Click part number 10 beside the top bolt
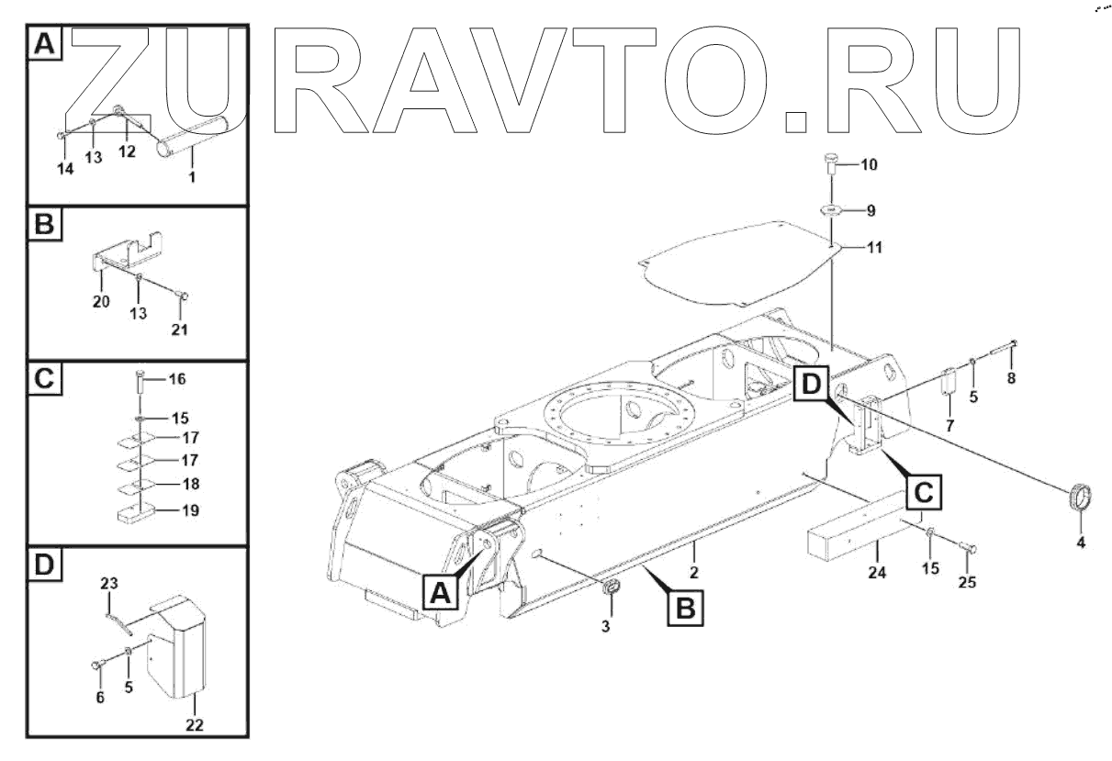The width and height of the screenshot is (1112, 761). click(x=870, y=164)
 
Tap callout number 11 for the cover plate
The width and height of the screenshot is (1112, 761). click(x=874, y=247)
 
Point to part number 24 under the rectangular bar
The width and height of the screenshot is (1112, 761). click(x=877, y=573)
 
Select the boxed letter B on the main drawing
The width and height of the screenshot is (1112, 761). click(x=686, y=608)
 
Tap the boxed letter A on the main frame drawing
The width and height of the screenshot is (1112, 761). click(x=441, y=592)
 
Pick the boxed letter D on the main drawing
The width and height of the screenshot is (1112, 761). click(x=812, y=385)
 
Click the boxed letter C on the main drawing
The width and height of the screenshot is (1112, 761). click(x=924, y=492)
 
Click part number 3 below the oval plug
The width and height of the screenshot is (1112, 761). click(x=606, y=626)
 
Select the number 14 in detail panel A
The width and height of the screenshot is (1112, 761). click(x=65, y=169)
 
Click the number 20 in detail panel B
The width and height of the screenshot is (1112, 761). click(x=101, y=301)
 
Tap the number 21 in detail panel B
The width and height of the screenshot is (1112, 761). click(x=179, y=330)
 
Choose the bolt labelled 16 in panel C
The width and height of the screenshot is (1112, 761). click(x=140, y=383)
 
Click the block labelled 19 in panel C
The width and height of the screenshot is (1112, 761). click(x=137, y=513)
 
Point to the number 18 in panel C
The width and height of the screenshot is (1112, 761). click(x=191, y=484)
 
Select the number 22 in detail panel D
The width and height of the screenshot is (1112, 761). click(x=195, y=725)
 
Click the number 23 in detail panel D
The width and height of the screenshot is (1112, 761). click(x=109, y=583)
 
